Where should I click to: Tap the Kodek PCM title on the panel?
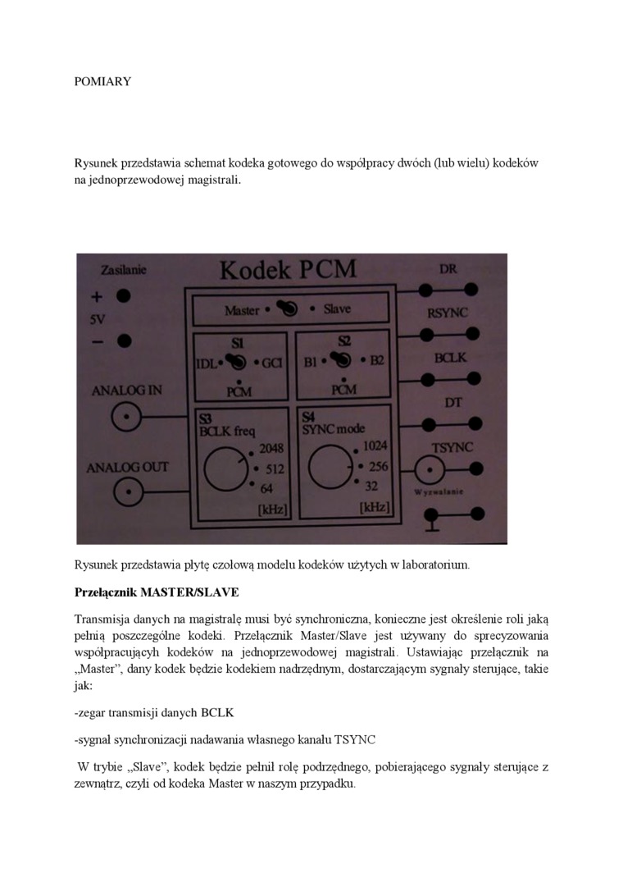click(287, 271)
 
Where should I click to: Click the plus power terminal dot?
click(124, 296)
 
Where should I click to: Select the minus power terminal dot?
click(124, 340)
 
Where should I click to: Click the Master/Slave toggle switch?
click(287, 309)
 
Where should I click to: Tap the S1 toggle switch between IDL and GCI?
click(235, 362)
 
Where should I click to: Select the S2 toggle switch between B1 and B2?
click(343, 360)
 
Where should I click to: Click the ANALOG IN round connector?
click(125, 418)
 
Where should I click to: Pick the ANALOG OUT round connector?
click(125, 494)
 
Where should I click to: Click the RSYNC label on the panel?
click(448, 313)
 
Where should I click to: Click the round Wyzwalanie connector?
click(427, 471)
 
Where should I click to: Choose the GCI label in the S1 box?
click(272, 363)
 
